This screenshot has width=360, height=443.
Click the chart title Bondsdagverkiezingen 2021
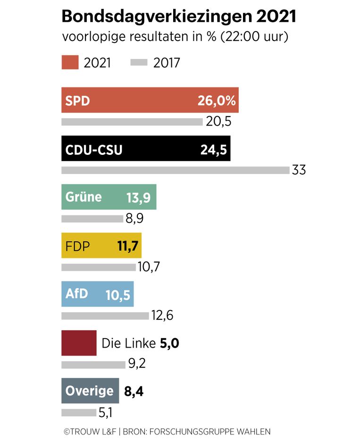[x=179, y=17]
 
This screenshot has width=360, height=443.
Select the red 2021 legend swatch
[x=70, y=63]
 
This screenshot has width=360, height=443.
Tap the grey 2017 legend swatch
[x=139, y=63]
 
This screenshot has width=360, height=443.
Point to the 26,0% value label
[x=216, y=101]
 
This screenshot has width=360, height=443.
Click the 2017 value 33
[x=299, y=170]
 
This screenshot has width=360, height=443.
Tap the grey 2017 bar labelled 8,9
[x=92, y=219]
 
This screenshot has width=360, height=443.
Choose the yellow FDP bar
[x=101, y=246]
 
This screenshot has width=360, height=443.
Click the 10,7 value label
[x=149, y=267]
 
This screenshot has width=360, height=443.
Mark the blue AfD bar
[x=97, y=294]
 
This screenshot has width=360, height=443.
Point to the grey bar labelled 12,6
[x=105, y=315]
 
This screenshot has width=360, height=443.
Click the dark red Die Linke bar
[x=79, y=342]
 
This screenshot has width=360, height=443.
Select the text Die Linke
[x=129, y=343]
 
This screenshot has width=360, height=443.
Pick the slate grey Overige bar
[x=90, y=391]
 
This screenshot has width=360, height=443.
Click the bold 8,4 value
[x=134, y=391]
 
